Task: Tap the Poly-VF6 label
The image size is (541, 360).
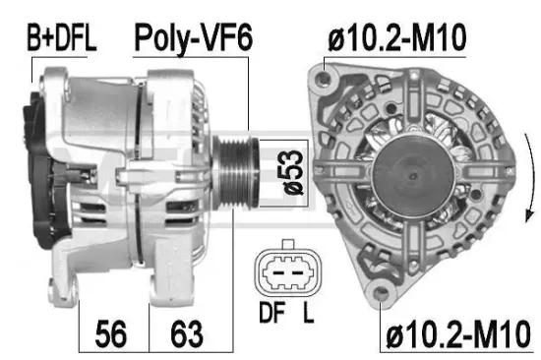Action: click(193, 38)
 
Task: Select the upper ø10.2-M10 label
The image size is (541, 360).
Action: click(396, 38)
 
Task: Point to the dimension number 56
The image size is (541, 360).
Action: click(113, 333)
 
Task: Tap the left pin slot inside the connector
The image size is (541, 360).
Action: click(276, 275)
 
